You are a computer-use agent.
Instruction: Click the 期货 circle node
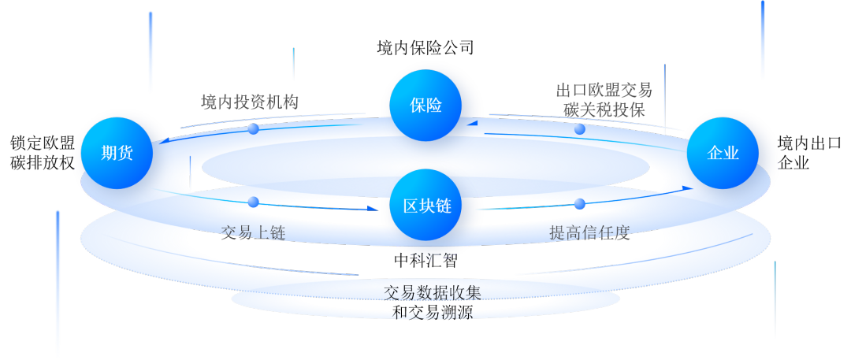(x=117, y=153)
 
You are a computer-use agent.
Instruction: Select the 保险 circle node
(x=425, y=106)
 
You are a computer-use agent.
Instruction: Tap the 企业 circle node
(x=723, y=153)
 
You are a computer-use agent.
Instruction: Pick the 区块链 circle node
(x=426, y=206)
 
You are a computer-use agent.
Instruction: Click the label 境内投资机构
(x=249, y=102)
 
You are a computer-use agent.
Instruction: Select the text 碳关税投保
(x=604, y=109)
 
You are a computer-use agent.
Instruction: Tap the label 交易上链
(x=253, y=232)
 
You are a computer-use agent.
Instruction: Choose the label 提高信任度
(x=589, y=232)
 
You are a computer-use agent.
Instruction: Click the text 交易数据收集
(x=433, y=292)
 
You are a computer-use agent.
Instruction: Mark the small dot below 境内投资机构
(x=253, y=128)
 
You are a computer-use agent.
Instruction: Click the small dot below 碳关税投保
(x=580, y=128)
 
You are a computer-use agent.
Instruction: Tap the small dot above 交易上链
(x=253, y=202)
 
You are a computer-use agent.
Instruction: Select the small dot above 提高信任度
(x=580, y=203)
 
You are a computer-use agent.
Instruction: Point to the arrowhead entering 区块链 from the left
(x=373, y=209)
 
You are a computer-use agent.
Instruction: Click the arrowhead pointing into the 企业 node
(x=689, y=187)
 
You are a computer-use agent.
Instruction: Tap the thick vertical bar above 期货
(x=151, y=51)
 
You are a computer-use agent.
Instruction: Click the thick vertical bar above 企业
(x=762, y=39)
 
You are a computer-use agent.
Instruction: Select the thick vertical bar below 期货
(x=58, y=284)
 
